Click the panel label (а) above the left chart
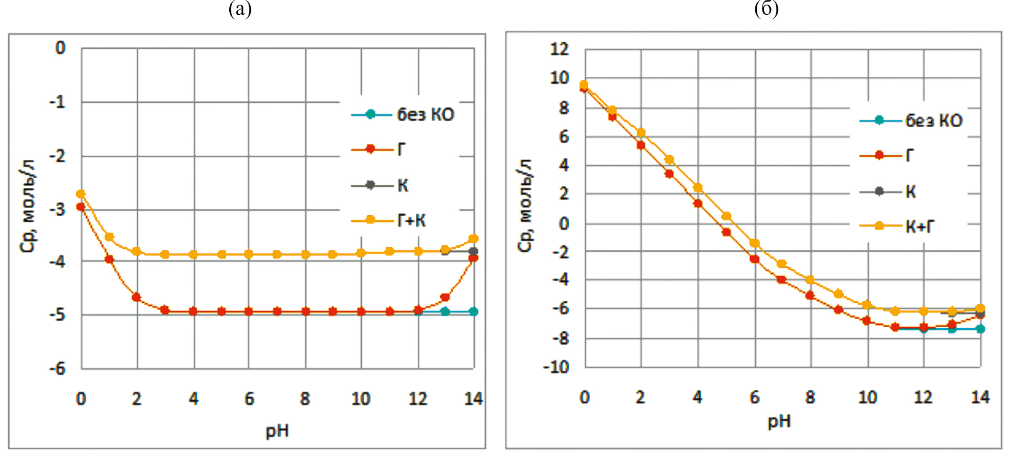pos(240,9)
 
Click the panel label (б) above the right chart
pos(766,9)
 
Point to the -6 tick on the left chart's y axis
pos(57,368)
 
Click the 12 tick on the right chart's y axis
pos(560,49)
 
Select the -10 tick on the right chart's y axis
pos(556,367)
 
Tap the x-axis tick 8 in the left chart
pos(305,399)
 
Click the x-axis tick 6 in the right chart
pos(754,397)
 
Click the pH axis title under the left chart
pos(277,432)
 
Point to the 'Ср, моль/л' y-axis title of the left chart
pos(28,206)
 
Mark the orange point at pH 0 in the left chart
pos(80,194)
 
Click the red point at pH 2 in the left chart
pos(136,297)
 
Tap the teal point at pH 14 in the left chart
pos(473,311)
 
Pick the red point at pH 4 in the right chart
pos(698,204)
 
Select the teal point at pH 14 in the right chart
pos(980,329)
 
